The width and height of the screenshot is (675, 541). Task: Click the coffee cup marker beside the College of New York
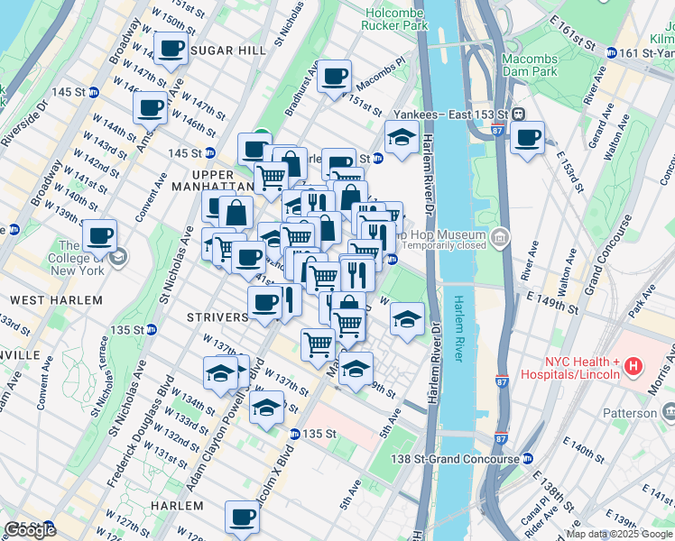pyautogui.click(x=99, y=236)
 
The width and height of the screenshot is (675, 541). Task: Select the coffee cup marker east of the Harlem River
pyautogui.click(x=527, y=138)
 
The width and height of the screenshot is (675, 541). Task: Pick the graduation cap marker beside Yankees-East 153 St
pyautogui.click(x=401, y=138)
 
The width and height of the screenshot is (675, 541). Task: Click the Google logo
pyautogui.click(x=30, y=530)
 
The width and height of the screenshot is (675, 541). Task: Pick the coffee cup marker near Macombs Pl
pyautogui.click(x=334, y=77)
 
